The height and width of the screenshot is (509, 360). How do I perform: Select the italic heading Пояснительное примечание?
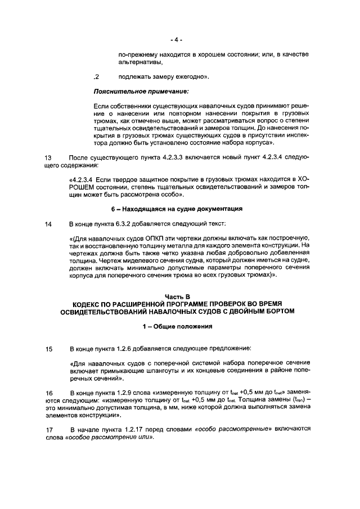(141, 91)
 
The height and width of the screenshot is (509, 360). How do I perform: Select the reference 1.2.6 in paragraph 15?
(127, 349)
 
